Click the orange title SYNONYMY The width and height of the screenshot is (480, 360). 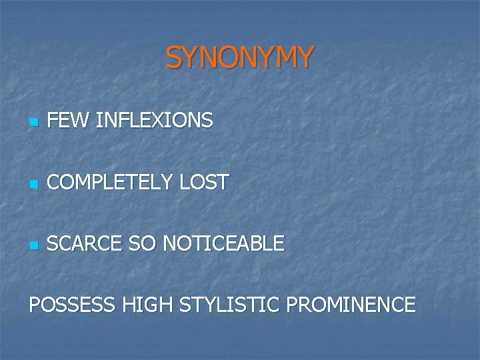(239, 58)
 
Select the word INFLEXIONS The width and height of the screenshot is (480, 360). (155, 121)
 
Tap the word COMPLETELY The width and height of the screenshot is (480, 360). (110, 182)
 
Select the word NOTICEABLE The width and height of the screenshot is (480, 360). (223, 243)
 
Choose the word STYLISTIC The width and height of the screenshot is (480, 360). (229, 305)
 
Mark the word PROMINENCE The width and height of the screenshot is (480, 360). (351, 305)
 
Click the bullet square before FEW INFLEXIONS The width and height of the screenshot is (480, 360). (33, 123)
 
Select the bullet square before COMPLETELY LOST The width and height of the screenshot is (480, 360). (33, 184)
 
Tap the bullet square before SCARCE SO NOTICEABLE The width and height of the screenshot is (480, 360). (33, 245)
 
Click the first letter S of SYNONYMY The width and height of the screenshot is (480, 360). (174, 58)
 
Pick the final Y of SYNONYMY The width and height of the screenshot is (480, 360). (303, 58)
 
